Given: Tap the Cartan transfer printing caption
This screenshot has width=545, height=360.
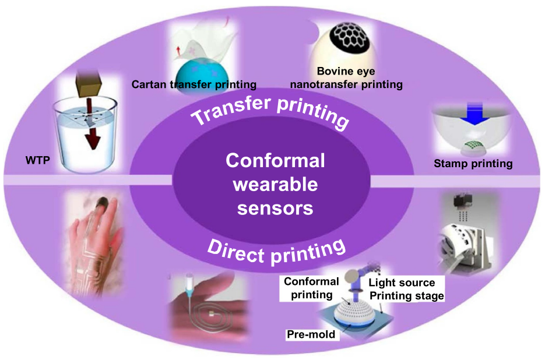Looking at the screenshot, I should point(194,84).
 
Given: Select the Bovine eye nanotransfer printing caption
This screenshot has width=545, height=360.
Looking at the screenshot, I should point(360,78).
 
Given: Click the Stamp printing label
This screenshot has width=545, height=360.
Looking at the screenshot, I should point(473,164).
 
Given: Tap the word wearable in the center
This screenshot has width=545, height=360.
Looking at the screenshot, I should point(275,184).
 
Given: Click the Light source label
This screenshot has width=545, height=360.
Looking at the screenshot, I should point(402,283).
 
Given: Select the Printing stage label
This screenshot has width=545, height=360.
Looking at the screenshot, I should point(406,295).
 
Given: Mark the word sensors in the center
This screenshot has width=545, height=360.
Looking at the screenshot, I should point(275,207).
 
